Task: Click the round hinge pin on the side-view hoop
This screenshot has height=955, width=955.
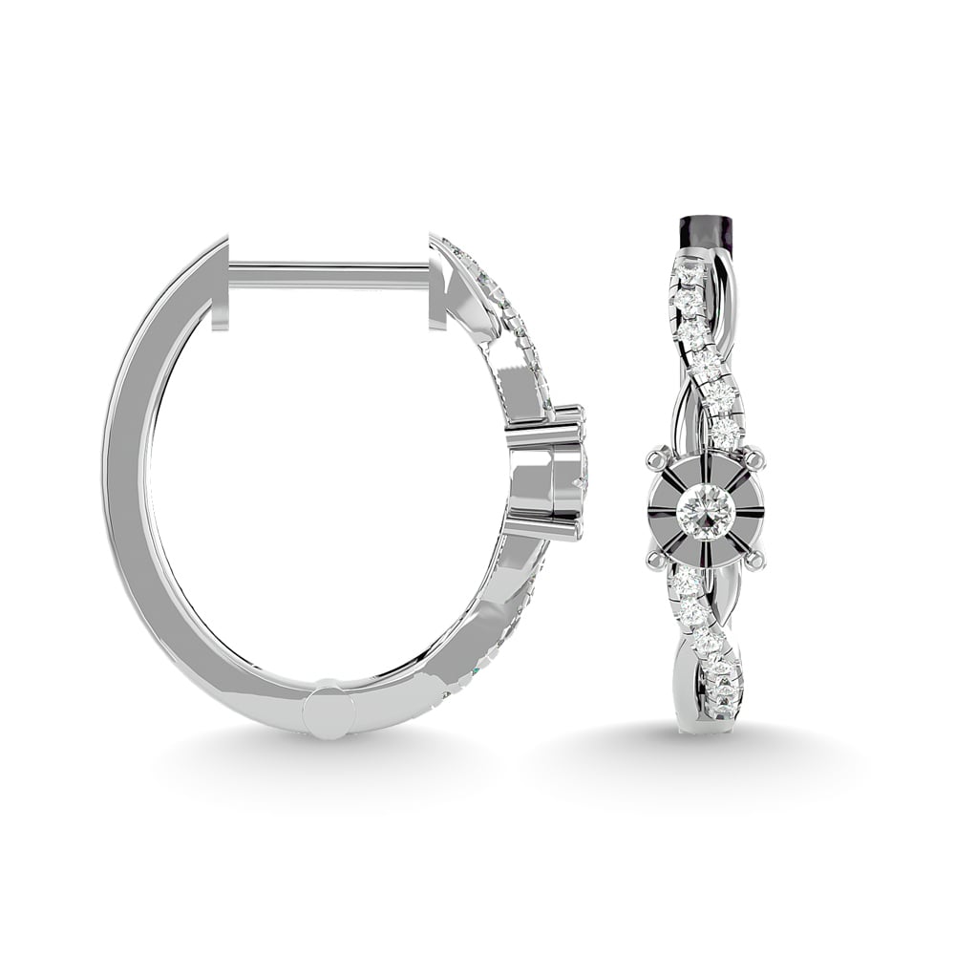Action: pyautogui.click(x=329, y=711)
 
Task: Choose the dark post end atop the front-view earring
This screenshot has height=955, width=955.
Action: pyautogui.click(x=704, y=231)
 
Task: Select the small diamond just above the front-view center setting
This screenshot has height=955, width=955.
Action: pyautogui.click(x=727, y=435)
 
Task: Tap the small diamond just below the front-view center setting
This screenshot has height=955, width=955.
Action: pyautogui.click(x=684, y=582)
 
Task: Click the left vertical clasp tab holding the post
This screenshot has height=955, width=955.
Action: pyautogui.click(x=221, y=287)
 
